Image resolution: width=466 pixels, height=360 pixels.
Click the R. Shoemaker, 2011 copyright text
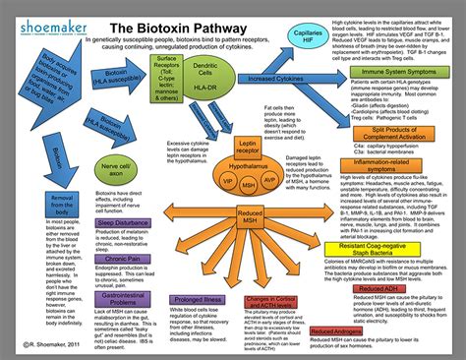(52, 344)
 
